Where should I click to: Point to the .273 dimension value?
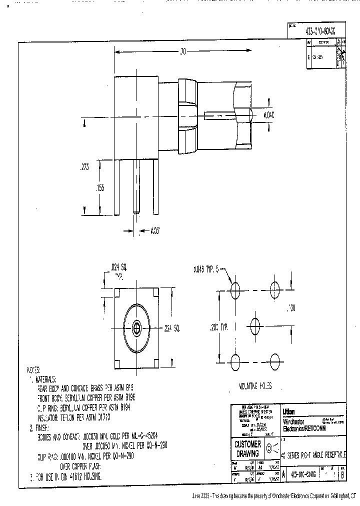click(x=85, y=168)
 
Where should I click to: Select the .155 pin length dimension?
click(x=100, y=187)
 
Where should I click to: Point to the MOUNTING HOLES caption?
click(x=255, y=385)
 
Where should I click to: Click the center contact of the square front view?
click(x=136, y=328)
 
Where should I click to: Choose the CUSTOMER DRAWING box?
click(x=247, y=449)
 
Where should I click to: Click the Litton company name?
click(x=289, y=411)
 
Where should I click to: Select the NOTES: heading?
click(x=33, y=370)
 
